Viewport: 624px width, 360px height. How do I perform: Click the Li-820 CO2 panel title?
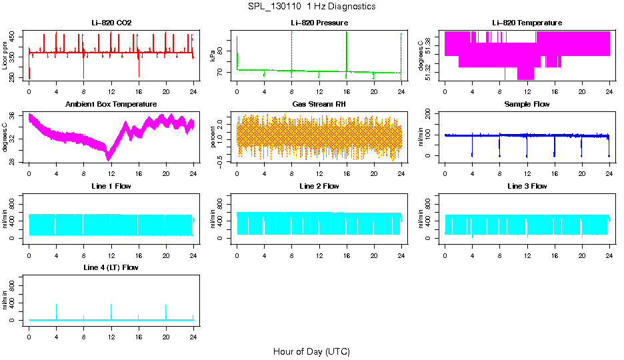[111, 23]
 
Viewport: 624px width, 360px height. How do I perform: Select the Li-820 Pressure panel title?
[319, 23]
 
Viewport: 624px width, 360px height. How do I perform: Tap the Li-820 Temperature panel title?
[527, 23]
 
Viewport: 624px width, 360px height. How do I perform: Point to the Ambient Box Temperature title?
[111, 105]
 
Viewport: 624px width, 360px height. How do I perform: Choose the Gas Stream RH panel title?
[319, 105]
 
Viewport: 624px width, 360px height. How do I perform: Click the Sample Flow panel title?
[527, 105]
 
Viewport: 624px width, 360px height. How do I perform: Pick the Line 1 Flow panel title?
[111, 186]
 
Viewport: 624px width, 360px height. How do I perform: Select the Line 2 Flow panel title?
[319, 186]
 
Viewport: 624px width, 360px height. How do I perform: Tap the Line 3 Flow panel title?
[527, 186]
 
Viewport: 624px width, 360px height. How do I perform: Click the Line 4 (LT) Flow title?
[111, 267]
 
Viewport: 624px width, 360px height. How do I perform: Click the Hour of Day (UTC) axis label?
[311, 351]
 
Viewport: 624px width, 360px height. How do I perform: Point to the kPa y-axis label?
[213, 55]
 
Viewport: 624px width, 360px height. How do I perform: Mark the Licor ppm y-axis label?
[5, 55]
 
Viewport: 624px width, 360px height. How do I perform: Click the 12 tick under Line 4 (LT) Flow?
[111, 337]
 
